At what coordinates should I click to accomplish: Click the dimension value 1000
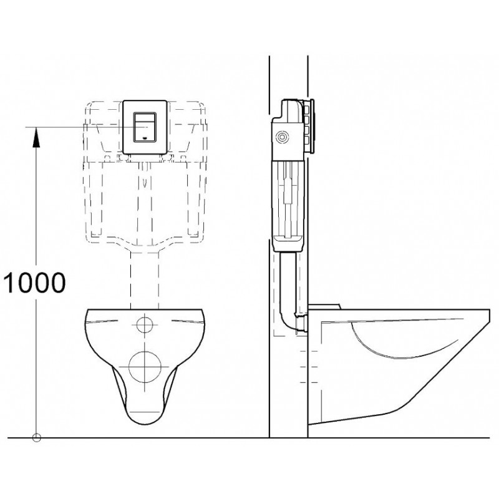click(34, 283)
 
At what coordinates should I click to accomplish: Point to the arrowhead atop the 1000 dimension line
click(37, 134)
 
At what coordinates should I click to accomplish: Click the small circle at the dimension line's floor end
click(37, 437)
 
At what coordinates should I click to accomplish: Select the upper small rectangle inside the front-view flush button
click(145, 118)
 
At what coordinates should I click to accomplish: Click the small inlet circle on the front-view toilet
click(145, 324)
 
